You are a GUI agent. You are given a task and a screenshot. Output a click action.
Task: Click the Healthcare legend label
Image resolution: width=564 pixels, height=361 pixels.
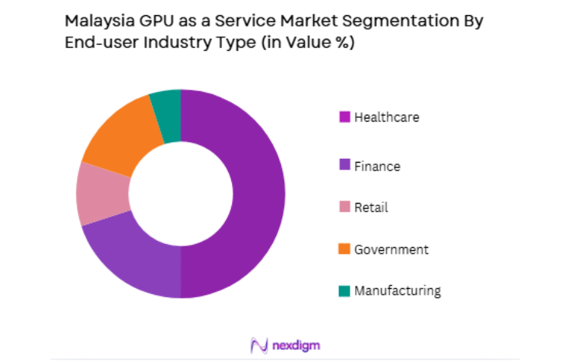(386, 117)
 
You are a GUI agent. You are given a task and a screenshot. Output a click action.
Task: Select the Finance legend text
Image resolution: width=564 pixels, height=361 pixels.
(377, 166)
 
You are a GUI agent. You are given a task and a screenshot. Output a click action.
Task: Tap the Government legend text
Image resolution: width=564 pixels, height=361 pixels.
(391, 249)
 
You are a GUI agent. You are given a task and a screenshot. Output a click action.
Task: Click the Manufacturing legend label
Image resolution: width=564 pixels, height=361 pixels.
(397, 290)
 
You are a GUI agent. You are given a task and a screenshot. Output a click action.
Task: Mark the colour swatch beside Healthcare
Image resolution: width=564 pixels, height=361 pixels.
(344, 117)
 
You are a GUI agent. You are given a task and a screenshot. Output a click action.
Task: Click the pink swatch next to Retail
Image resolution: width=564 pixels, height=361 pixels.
(344, 207)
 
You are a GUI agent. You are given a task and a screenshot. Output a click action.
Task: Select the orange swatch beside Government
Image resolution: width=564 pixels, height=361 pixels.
(344, 249)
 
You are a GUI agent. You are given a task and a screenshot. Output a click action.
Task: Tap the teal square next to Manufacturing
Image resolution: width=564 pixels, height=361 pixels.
(344, 290)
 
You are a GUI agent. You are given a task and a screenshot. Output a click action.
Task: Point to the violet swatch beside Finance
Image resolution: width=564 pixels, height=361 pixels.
(344, 166)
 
